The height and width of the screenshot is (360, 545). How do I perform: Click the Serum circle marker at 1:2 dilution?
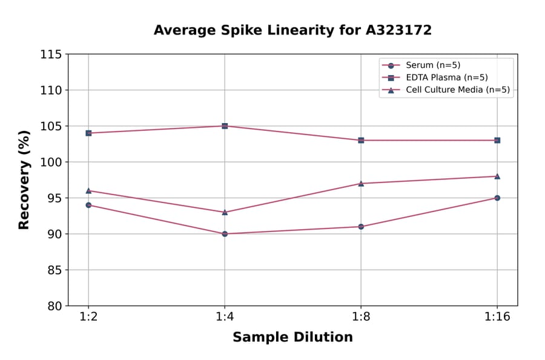click(88, 205)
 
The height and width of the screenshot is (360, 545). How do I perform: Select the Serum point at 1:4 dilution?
click(225, 234)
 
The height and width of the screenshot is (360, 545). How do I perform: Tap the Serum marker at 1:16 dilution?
click(497, 198)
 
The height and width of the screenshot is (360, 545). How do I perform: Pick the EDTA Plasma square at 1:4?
click(225, 126)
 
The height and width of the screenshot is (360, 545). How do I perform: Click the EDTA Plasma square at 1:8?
click(361, 140)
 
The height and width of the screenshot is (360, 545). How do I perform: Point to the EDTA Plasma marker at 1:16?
click(497, 140)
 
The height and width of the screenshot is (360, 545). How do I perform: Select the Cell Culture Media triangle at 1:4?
click(225, 212)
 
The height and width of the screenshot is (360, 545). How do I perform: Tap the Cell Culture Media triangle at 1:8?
click(361, 183)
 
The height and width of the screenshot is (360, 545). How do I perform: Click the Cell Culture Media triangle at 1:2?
click(88, 191)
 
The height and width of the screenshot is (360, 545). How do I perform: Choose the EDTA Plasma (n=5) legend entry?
click(446, 78)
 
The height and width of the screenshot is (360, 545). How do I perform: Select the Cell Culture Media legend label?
click(457, 90)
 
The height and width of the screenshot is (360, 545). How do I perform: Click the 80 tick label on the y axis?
click(54, 306)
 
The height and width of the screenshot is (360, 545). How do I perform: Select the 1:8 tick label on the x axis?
click(361, 318)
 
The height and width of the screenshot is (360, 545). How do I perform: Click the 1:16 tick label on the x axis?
click(497, 318)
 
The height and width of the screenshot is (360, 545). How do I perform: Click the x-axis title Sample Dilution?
click(292, 338)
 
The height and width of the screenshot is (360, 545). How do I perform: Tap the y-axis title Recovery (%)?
click(24, 180)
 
